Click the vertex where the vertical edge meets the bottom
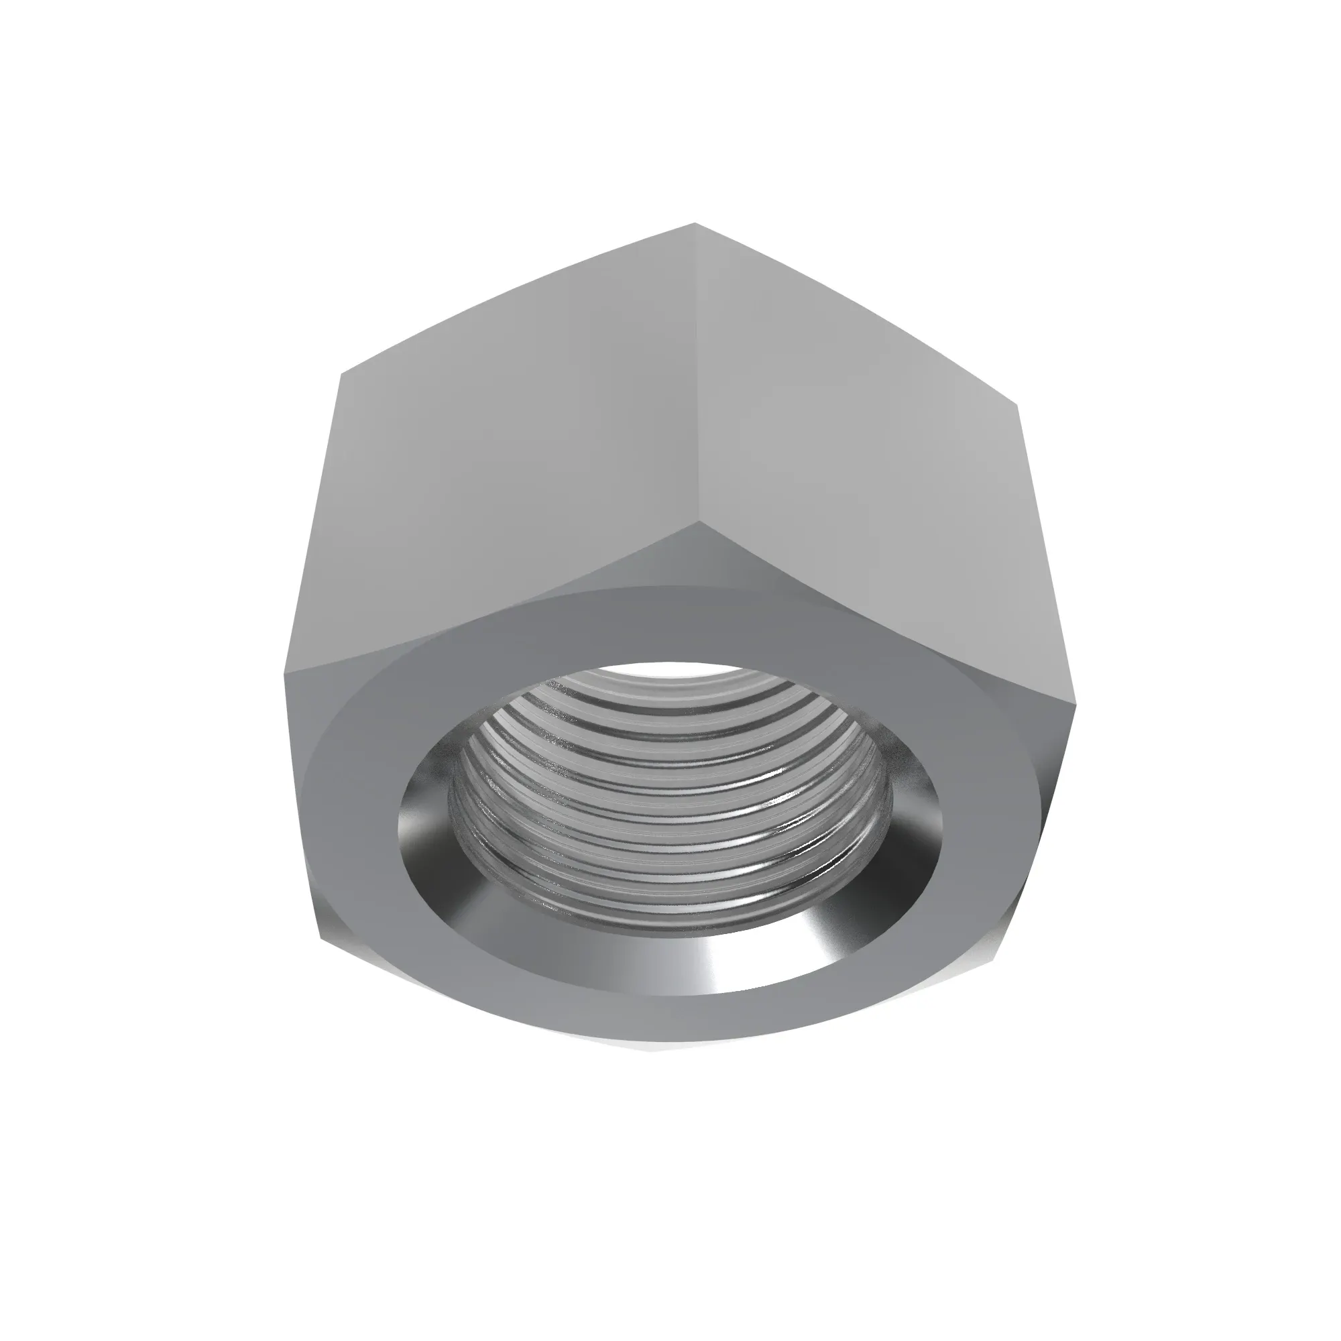click(x=698, y=522)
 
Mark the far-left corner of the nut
click(x=285, y=672)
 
